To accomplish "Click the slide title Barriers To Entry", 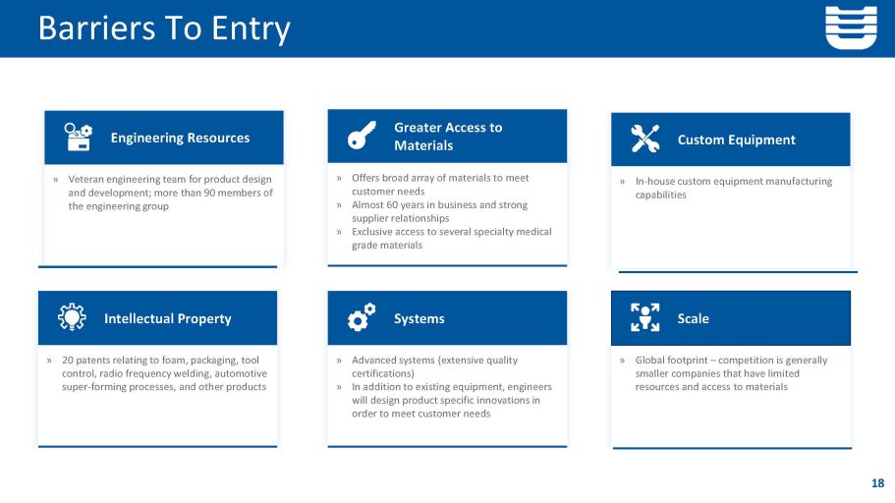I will [x=164, y=28].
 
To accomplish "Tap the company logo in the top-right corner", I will [x=851, y=27].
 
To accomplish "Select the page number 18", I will [x=877, y=482].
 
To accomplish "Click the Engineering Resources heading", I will [x=180, y=138].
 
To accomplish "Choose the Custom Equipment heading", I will [x=736, y=140].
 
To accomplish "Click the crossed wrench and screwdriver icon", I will [x=644, y=140].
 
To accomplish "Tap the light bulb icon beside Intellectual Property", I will [x=72, y=318].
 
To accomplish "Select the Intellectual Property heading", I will [x=167, y=318].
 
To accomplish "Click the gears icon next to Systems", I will [x=362, y=318].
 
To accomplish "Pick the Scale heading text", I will [x=693, y=318].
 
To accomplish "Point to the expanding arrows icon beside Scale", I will [x=644, y=317].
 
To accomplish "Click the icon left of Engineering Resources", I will [x=78, y=138].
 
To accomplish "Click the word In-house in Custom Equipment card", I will [x=656, y=181].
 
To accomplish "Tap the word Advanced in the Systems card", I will [x=375, y=361].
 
